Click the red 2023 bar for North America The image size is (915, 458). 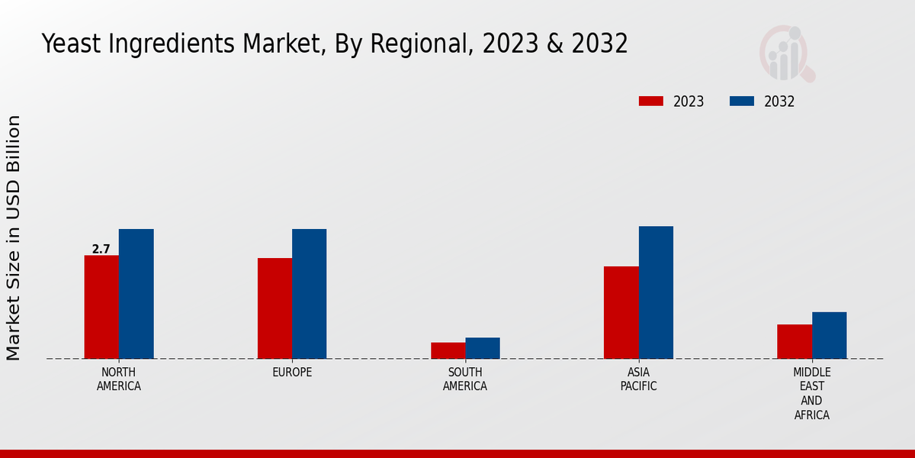click(101, 307)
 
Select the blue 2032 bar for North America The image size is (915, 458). click(136, 294)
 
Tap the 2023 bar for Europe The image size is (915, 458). click(274, 308)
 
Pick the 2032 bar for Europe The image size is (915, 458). click(309, 294)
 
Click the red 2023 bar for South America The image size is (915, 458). click(448, 350)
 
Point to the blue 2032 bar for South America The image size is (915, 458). click(483, 348)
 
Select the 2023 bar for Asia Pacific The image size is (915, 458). click(621, 312)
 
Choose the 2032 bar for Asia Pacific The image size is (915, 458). click(656, 292)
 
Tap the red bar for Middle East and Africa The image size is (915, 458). click(795, 341)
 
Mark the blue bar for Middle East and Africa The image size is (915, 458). click(829, 335)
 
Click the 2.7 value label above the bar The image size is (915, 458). click(101, 249)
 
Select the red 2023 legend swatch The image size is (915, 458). click(650, 102)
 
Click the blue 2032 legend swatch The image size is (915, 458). click(742, 102)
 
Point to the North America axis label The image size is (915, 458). click(119, 379)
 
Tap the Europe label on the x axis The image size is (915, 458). click(292, 373)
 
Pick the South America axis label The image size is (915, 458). click(465, 379)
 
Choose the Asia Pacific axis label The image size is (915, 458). click(638, 379)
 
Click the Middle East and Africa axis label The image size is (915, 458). click(811, 394)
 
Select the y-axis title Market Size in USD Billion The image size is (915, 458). click(14, 237)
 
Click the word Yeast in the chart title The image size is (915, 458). click(67, 44)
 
